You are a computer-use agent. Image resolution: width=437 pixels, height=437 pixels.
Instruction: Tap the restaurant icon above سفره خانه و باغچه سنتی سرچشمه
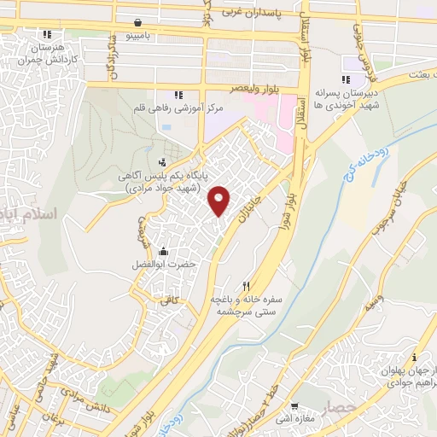(x=247, y=287)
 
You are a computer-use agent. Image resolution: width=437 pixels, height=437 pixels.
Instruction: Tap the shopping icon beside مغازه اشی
(x=294, y=406)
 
